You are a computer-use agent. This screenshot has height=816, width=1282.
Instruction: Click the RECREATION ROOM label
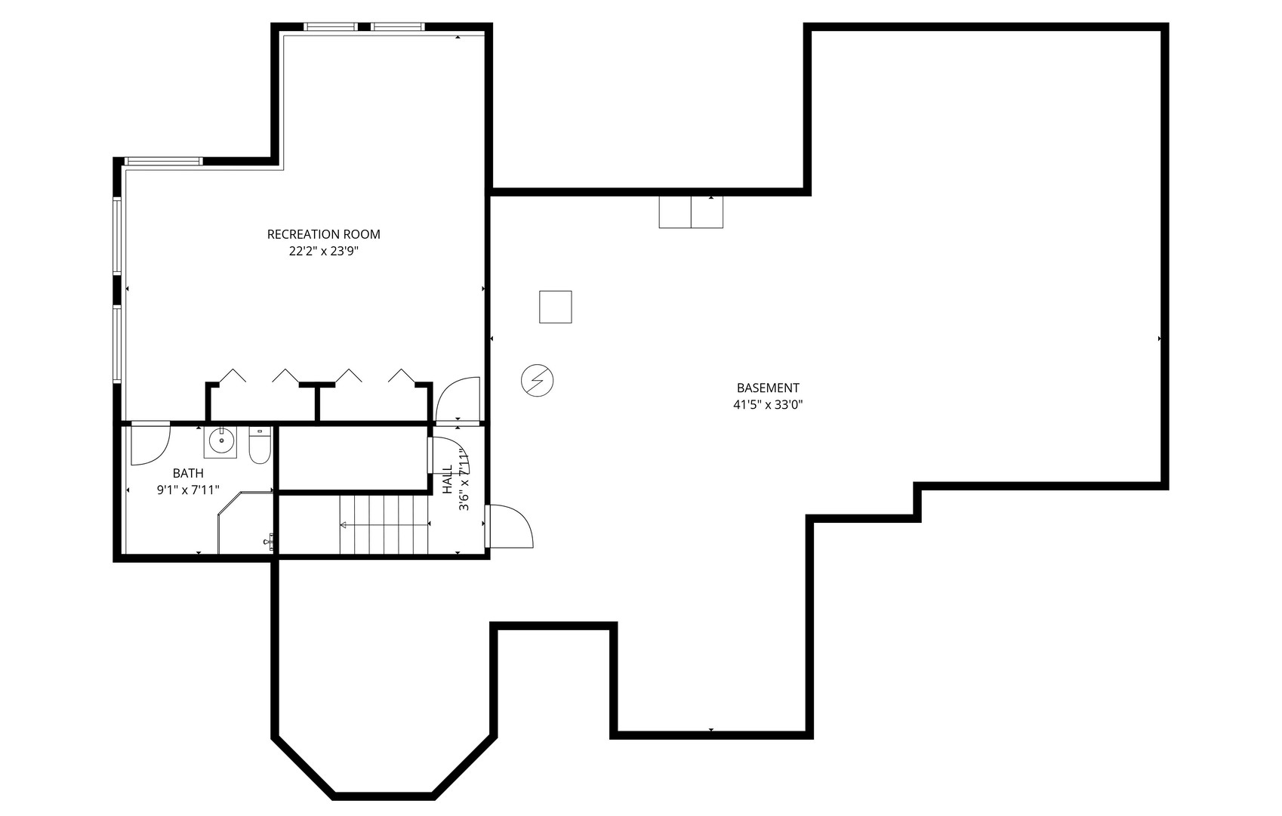pyautogui.click(x=323, y=234)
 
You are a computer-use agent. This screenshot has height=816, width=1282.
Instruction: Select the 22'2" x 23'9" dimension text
pyautogui.click(x=323, y=252)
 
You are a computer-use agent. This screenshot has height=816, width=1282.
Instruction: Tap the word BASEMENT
pyautogui.click(x=768, y=388)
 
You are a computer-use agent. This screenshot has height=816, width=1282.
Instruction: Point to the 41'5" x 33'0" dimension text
pyautogui.click(x=768, y=405)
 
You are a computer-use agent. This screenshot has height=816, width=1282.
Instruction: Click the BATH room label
pyautogui.click(x=188, y=473)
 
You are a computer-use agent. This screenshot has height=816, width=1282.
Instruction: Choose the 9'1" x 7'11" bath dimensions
pyautogui.click(x=188, y=490)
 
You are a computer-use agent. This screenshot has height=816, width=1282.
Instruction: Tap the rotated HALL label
pyautogui.click(x=448, y=479)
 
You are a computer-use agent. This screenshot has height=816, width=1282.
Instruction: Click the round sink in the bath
pyautogui.click(x=221, y=441)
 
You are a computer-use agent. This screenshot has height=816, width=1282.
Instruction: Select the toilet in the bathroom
pyautogui.click(x=260, y=446)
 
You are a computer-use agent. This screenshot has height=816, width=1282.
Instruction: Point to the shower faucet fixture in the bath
pyautogui.click(x=269, y=541)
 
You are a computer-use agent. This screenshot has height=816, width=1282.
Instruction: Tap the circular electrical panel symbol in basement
pyautogui.click(x=538, y=380)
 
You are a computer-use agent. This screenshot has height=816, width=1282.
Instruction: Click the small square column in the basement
pyautogui.click(x=555, y=307)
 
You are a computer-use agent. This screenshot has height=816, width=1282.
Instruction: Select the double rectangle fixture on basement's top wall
pyautogui.click(x=691, y=212)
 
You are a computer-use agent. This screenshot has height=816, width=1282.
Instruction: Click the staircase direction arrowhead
pyautogui.click(x=344, y=524)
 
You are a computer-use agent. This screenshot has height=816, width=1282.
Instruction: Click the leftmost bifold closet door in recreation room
pyautogui.click(x=233, y=375)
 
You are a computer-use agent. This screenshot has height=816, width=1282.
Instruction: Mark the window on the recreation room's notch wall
pyautogui.click(x=164, y=161)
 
